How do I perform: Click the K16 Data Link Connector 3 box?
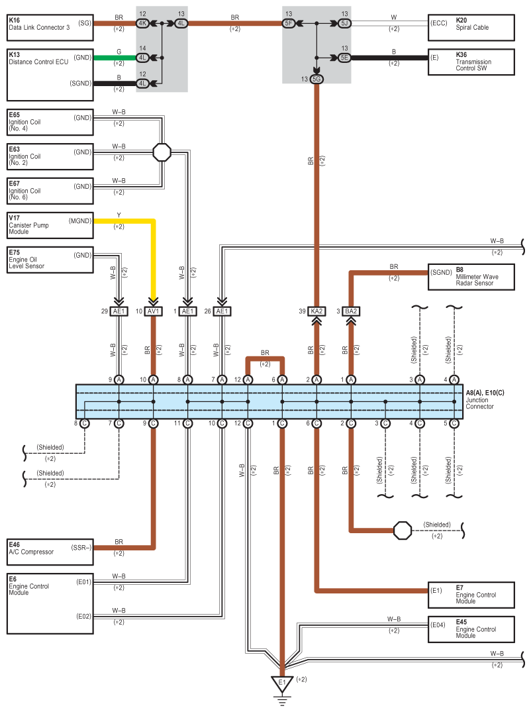point(50,27)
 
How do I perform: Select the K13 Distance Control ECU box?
point(50,75)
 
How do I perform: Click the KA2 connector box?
point(316,311)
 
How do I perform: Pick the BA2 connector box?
point(351,311)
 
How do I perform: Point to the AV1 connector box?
point(154,311)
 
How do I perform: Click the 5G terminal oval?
point(316,79)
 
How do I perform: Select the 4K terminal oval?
point(142,23)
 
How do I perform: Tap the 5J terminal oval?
point(344,23)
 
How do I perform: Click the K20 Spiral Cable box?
point(471,27)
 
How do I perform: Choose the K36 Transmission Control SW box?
point(471,62)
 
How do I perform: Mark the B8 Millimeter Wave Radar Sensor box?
point(471,277)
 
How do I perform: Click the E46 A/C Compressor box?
point(50,552)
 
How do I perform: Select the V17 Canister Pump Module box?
point(50,225)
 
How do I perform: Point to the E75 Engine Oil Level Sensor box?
point(50,260)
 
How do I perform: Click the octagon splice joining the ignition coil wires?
point(162,152)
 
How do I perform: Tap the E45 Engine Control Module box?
point(471,629)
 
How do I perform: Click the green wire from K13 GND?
point(115,58)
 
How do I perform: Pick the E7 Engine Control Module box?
point(471,594)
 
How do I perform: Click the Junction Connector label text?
point(479,403)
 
